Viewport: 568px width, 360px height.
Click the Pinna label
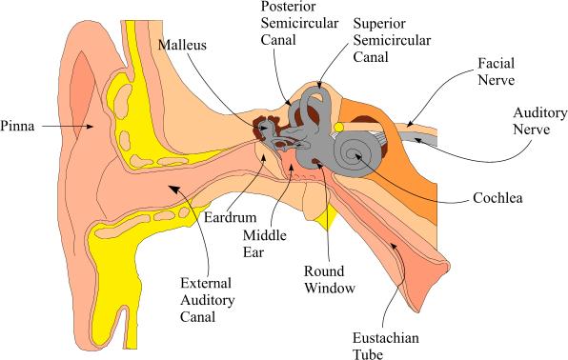pyautogui.click(x=17, y=126)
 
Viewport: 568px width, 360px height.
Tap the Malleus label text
pyautogui.click(x=182, y=45)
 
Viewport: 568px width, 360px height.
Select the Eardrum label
pyautogui.click(x=230, y=217)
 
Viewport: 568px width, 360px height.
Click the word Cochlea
pyautogui.click(x=497, y=198)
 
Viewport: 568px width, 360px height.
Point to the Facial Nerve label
pyautogui.click(x=496, y=71)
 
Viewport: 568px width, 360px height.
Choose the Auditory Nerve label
pyautogui.click(x=539, y=121)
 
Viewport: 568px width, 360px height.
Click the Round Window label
pyautogui.click(x=330, y=280)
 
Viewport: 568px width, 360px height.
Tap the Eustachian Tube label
pyautogui.click(x=386, y=346)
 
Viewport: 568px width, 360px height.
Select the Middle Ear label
pyautogui.click(x=265, y=244)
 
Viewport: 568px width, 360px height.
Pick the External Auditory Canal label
pyautogui.click(x=207, y=300)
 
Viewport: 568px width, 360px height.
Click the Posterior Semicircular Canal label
pyautogui.click(x=299, y=23)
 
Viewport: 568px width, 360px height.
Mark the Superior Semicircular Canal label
pyautogui.click(x=392, y=40)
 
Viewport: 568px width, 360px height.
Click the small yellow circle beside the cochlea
pyautogui.click(x=339, y=128)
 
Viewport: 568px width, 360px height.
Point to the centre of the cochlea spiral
pyautogui.click(x=355, y=154)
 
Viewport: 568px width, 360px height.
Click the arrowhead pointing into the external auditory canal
pyautogui.click(x=174, y=190)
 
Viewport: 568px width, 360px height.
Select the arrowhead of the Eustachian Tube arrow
pyautogui.click(x=394, y=247)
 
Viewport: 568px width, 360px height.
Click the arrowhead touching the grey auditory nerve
pyautogui.click(x=418, y=140)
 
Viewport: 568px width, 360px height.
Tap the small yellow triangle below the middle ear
pyautogui.click(x=327, y=218)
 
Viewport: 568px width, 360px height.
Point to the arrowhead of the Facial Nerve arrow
pyautogui.click(x=410, y=124)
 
